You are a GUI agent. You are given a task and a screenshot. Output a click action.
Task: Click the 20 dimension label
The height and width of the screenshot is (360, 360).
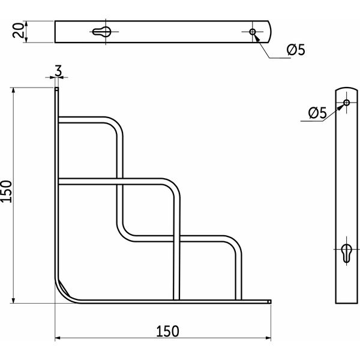pyautogui.click(x=18, y=31)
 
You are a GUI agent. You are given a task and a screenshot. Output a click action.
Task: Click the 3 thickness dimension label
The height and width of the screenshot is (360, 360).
pyautogui.click(x=58, y=71)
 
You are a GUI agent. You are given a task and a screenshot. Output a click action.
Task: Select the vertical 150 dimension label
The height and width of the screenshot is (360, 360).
pyautogui.click(x=6, y=191)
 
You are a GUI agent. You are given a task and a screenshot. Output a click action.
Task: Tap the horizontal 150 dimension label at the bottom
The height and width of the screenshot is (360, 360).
pyautogui.click(x=167, y=331)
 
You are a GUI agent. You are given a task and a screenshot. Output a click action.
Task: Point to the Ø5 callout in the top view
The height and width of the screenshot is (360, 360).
pyautogui.click(x=296, y=50)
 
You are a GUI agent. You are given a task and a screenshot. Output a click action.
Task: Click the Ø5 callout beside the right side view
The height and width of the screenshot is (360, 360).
pyautogui.click(x=317, y=113)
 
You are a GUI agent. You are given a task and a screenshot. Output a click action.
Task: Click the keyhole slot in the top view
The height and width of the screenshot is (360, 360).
pyautogui.click(x=101, y=32)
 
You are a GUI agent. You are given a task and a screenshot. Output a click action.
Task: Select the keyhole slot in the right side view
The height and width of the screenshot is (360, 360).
pyautogui.click(x=346, y=253)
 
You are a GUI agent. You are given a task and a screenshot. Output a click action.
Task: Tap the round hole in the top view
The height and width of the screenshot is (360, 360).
pyautogui.click(x=253, y=32)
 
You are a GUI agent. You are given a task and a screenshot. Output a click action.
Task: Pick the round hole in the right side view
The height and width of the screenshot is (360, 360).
pyautogui.click(x=346, y=103)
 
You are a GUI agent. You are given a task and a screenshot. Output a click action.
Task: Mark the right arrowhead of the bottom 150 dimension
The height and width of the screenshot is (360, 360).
pyautogui.click(x=268, y=338)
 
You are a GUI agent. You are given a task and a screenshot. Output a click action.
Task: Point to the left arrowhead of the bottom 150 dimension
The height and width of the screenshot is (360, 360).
pyautogui.click(x=58, y=338)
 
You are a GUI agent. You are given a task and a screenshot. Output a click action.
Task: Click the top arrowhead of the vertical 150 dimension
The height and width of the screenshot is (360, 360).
pyautogui.click(x=13, y=91)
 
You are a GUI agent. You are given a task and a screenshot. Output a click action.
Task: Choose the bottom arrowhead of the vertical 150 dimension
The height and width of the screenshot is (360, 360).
pyautogui.click(x=13, y=300)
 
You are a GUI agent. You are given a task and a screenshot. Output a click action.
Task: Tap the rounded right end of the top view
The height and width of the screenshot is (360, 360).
pyautogui.click(x=271, y=32)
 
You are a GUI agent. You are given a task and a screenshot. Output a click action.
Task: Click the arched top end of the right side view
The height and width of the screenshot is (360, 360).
pyautogui.click(x=346, y=88)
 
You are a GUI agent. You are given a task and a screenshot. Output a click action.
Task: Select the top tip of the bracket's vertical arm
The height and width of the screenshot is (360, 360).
pyautogui.click(x=57, y=88)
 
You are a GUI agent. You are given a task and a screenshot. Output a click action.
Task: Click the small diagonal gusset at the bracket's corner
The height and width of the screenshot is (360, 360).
pyautogui.click(x=65, y=288)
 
